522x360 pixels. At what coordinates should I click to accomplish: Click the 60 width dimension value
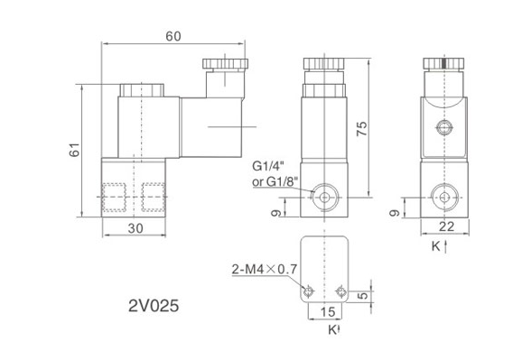coord(173,36)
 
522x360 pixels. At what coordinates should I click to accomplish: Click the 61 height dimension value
coord(74,150)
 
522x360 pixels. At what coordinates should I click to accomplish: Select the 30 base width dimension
coord(135,228)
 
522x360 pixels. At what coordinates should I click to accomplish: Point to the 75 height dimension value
coord(362,128)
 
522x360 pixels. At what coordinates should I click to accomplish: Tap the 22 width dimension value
coord(446,226)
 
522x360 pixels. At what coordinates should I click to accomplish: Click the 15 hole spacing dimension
coord(328,312)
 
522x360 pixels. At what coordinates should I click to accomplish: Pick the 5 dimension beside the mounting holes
coord(365,295)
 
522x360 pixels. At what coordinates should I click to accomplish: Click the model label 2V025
coord(154,306)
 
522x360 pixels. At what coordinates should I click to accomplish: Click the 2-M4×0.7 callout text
coord(265,269)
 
